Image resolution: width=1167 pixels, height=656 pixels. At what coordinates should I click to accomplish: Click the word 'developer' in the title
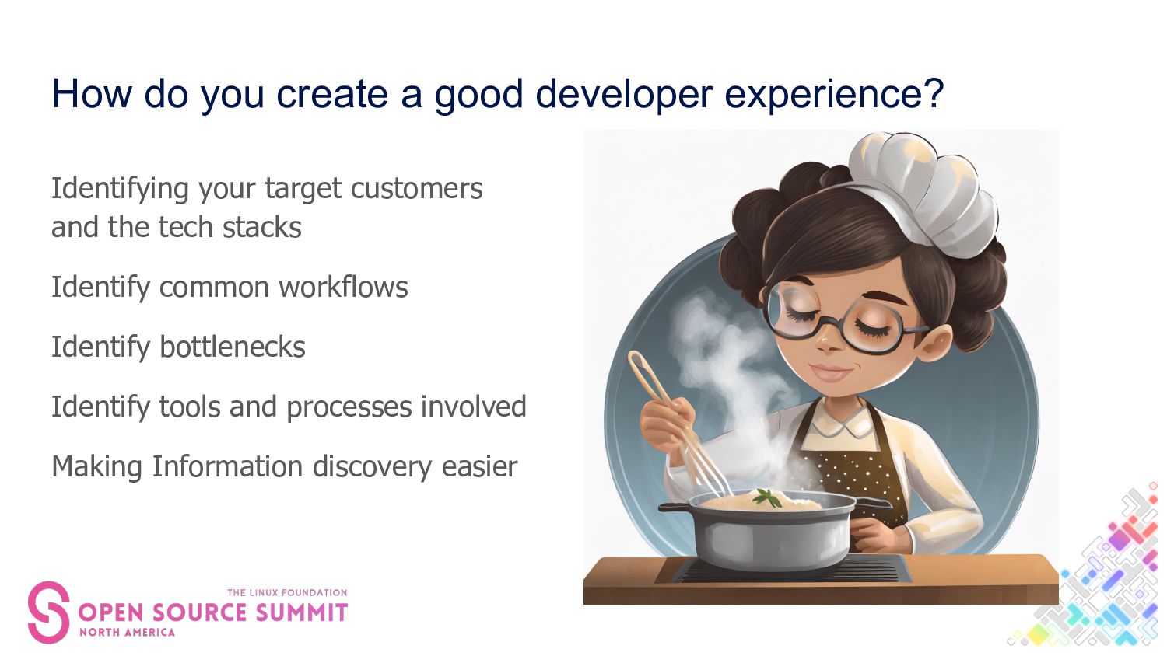coord(624,96)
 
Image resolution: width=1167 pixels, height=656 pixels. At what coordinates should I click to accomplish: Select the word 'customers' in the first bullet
coord(416,188)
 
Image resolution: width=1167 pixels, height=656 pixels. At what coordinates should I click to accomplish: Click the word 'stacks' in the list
coord(261,228)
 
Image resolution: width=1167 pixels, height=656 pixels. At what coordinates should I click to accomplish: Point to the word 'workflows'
coord(343,287)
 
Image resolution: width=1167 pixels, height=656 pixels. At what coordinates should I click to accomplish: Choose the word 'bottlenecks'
coord(233,347)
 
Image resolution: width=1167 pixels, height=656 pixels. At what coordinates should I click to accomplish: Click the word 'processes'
coord(349,408)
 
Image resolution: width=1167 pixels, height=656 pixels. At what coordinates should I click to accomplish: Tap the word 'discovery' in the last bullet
coord(372,467)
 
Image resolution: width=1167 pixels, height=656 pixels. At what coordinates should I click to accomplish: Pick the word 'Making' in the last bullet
coord(97,467)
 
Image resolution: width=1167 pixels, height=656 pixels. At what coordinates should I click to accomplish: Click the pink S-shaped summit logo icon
coord(48,612)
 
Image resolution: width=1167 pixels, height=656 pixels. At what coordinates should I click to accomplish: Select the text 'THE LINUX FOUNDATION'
coord(287,592)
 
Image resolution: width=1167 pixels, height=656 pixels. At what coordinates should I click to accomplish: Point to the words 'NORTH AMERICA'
coord(127,633)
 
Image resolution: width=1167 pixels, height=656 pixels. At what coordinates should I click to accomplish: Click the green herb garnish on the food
coord(767,497)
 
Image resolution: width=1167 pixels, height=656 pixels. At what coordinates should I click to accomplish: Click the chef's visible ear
coord(935,344)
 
